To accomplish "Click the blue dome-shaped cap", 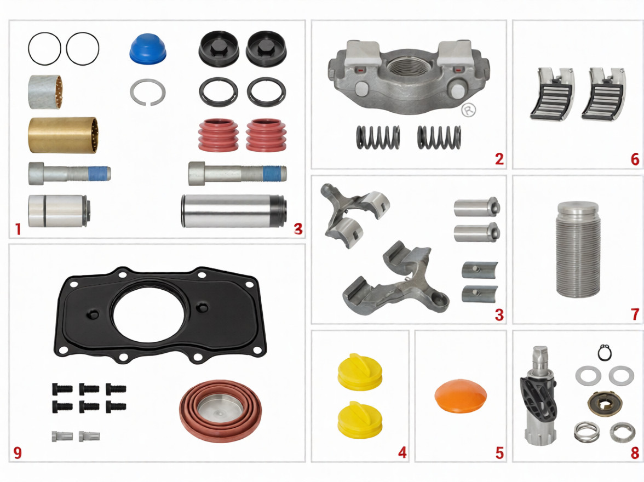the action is tap(148, 49).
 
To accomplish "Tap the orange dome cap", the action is tap(461, 395).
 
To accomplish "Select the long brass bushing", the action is tap(64, 135).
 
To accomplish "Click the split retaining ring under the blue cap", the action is tap(148, 93).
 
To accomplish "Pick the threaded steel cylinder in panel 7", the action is tap(578, 249).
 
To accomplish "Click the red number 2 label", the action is tap(499, 159).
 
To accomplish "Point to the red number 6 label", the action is tap(635, 159).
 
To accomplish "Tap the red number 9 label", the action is tap(18, 452).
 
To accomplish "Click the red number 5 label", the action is tap(499, 453).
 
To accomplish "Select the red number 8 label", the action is tap(635, 453).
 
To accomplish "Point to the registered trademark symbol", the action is tap(468, 110).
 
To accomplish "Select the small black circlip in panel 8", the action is tap(605, 353).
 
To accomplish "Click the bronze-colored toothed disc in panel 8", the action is tap(602, 404).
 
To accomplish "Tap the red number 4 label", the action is tap(402, 453).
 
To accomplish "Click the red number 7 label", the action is tap(635, 314).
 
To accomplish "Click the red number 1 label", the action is tap(18, 229).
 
